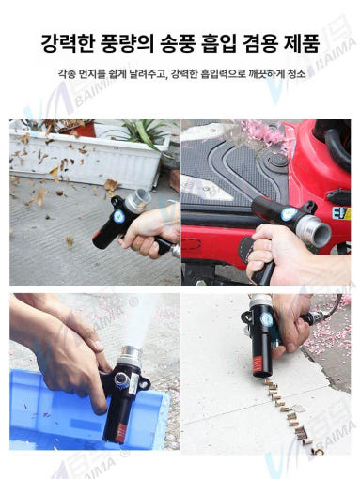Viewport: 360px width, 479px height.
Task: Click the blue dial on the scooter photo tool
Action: (285, 216)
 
